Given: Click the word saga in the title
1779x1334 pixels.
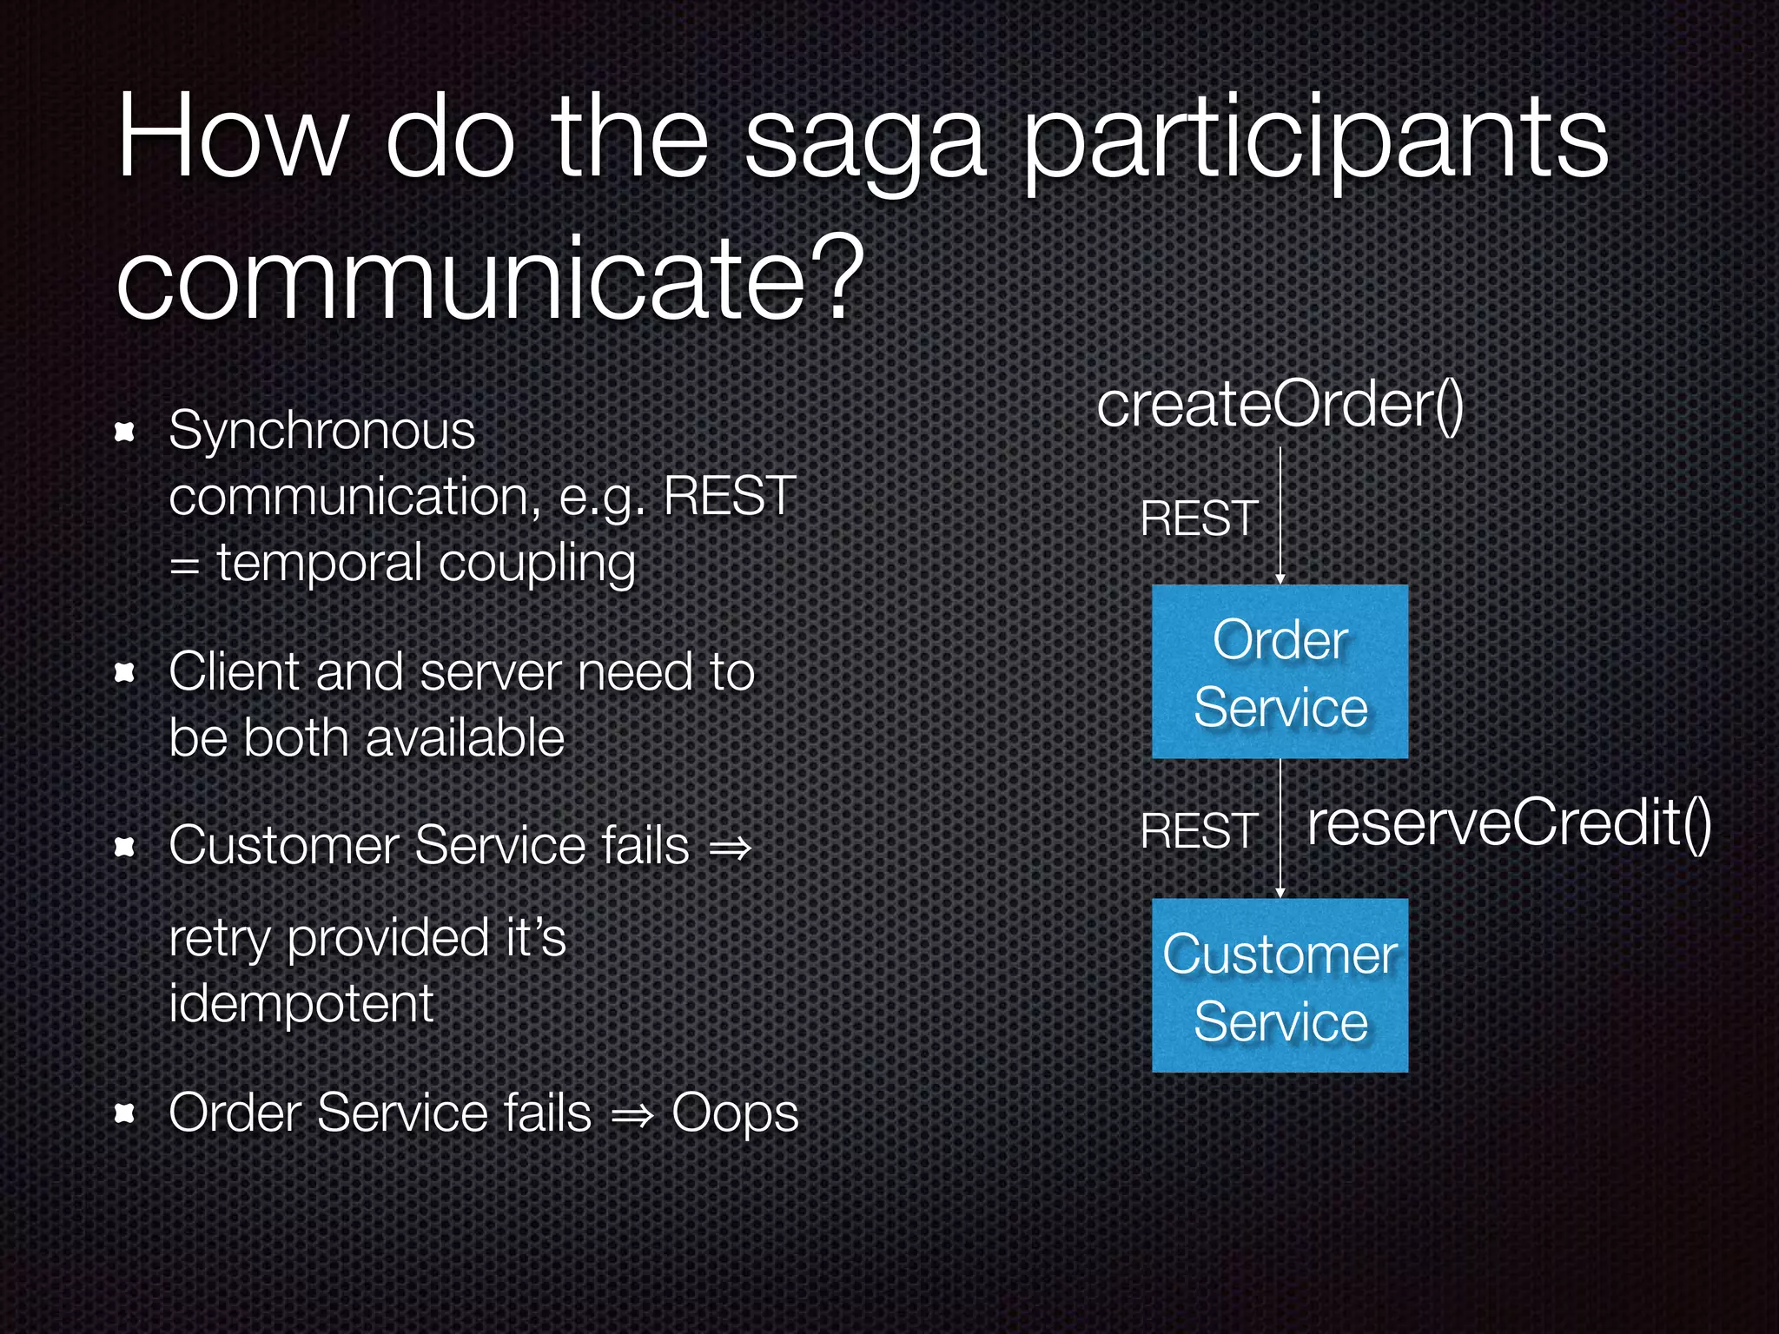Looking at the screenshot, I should (864, 143).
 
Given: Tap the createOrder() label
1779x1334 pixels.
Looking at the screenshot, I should (1280, 406).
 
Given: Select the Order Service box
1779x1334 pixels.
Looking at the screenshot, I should (1280, 672).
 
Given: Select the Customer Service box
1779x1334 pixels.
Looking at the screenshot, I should (1280, 986).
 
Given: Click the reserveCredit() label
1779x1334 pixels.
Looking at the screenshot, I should (1509, 823).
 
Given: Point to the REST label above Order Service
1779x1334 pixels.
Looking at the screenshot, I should (1199, 518).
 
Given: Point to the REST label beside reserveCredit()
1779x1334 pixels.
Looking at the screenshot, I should (1199, 831).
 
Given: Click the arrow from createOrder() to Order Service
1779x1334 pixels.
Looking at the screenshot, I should (1280, 517).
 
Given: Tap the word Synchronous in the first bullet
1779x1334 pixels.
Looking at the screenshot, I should (321, 431).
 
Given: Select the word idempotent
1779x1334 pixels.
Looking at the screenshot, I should (301, 1004).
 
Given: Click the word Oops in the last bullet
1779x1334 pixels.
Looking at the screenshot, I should (734, 1113).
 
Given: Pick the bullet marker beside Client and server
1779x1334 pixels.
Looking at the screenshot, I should (125, 672).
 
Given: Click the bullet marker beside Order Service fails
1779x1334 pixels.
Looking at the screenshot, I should (125, 1113).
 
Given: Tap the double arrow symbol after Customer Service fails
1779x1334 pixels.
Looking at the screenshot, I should (729, 848).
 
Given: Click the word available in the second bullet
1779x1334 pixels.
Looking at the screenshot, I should (465, 739).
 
